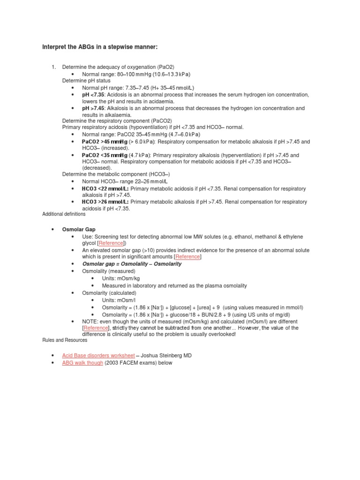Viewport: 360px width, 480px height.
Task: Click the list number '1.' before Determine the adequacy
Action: click(x=54, y=67)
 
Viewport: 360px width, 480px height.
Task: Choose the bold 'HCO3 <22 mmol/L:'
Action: click(x=105, y=188)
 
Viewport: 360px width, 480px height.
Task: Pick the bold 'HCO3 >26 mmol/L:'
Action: click(x=105, y=202)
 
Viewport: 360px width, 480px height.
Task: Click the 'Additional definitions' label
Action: click(x=64, y=214)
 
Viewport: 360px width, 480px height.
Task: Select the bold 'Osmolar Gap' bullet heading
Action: click(x=79, y=230)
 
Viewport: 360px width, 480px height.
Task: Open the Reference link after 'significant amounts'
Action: click(x=187, y=257)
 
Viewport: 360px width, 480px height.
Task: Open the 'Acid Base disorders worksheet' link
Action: click(x=98, y=356)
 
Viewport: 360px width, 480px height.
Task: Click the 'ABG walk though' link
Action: click(x=82, y=363)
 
